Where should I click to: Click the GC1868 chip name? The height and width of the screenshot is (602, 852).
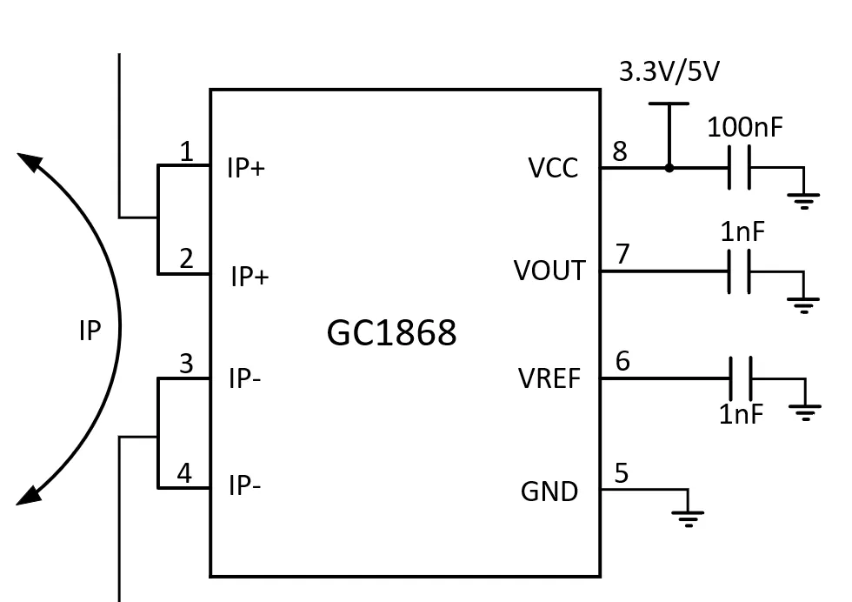point(391,332)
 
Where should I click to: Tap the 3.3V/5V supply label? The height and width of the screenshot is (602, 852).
point(669,72)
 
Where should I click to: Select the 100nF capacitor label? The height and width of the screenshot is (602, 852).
point(744,128)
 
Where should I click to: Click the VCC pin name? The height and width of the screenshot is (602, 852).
point(553,168)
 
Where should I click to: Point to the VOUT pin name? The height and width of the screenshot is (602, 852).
point(549,271)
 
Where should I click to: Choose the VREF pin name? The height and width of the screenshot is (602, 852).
point(549,379)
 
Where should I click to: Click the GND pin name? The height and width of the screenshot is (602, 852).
point(549,492)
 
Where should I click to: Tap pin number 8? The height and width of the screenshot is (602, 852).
point(619,151)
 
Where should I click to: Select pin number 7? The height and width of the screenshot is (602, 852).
point(622,255)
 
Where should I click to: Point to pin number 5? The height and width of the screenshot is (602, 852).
point(621,474)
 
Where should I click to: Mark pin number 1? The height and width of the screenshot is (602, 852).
point(186,152)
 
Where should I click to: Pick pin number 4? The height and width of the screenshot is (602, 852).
point(184,474)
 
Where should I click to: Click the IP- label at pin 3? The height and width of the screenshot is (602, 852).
point(244,379)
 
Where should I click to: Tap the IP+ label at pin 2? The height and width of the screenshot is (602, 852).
point(250,278)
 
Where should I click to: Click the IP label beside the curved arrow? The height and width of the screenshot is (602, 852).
point(90,331)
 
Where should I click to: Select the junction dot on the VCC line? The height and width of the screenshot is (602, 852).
point(669,168)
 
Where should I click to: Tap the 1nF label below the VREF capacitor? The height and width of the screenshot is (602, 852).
point(741,414)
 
